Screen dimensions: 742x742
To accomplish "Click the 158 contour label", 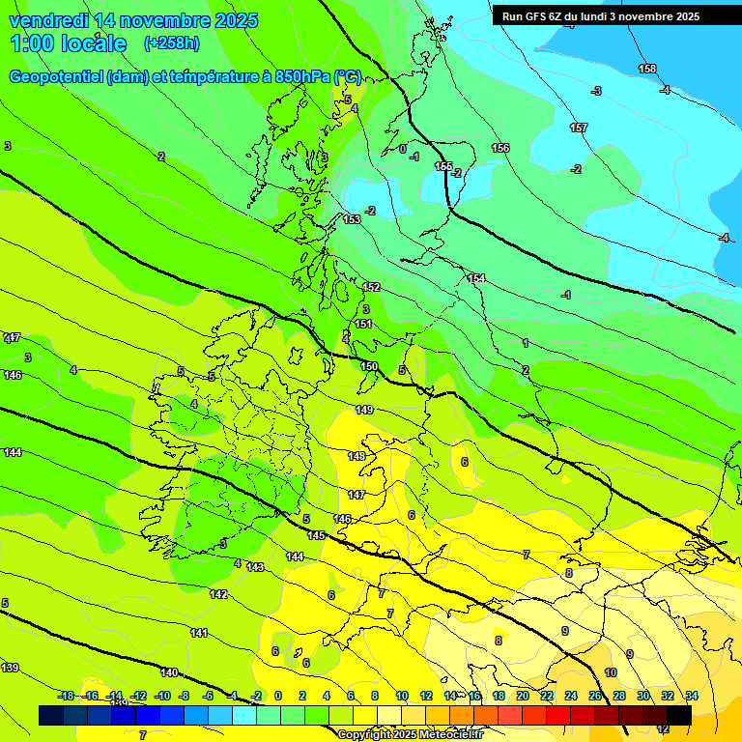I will coord(647,69).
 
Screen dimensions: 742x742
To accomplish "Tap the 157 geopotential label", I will coord(579,128).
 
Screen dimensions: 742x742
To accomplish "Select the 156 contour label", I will coord(500,148).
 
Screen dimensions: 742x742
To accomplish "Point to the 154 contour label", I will coord(476,278).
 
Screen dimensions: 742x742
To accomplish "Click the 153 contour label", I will coord(352,219).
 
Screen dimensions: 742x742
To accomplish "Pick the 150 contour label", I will coord(369,366).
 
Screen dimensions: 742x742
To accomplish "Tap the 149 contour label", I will coord(363,410).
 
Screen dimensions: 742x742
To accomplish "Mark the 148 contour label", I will coord(357,456).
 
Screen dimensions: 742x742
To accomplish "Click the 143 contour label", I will coord(255,567).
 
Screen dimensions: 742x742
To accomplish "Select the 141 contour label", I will coord(199,633).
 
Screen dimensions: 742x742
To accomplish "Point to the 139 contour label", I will coord(10,668).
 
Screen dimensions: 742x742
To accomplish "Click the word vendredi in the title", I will coord(47,20).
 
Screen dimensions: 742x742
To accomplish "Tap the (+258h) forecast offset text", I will coord(172,43).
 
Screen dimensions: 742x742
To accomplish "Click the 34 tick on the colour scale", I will coord(692,696).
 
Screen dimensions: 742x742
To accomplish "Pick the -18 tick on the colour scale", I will coord(66,696).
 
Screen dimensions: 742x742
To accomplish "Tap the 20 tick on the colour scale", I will coord(523,696).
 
